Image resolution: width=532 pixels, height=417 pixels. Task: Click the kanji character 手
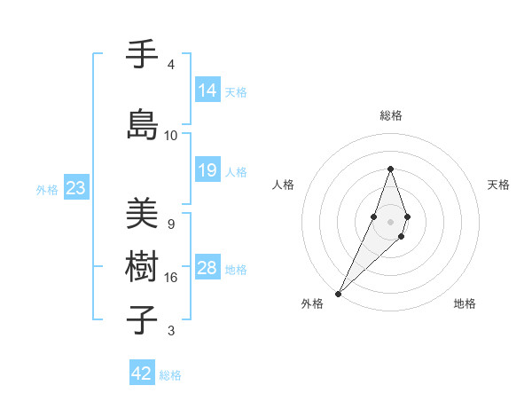point(143,55)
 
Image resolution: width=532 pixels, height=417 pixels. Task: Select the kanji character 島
point(143,125)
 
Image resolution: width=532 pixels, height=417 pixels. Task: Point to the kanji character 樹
point(143,267)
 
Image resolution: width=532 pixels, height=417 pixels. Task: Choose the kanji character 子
point(143,319)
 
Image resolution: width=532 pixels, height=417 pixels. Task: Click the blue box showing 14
point(207,90)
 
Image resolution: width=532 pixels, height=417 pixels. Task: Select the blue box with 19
point(207,170)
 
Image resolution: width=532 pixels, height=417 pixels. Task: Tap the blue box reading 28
point(207,268)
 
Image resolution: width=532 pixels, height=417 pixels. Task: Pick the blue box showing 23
point(75,188)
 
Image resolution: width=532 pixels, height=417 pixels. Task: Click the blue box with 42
point(142,374)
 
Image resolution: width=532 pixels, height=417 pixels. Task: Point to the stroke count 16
point(171,278)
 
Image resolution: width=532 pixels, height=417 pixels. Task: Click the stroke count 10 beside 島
point(171,136)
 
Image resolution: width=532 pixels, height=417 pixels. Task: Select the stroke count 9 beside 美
point(170,224)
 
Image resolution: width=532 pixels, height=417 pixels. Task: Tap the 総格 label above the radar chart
point(391,115)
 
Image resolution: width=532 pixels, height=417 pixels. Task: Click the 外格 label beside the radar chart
point(312,303)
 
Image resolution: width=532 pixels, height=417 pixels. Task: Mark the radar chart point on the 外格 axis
point(338,293)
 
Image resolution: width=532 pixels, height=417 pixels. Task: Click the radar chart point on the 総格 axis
point(390,169)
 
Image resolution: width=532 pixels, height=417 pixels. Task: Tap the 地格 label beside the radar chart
point(465,303)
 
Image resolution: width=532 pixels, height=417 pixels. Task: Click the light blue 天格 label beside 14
point(236,91)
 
